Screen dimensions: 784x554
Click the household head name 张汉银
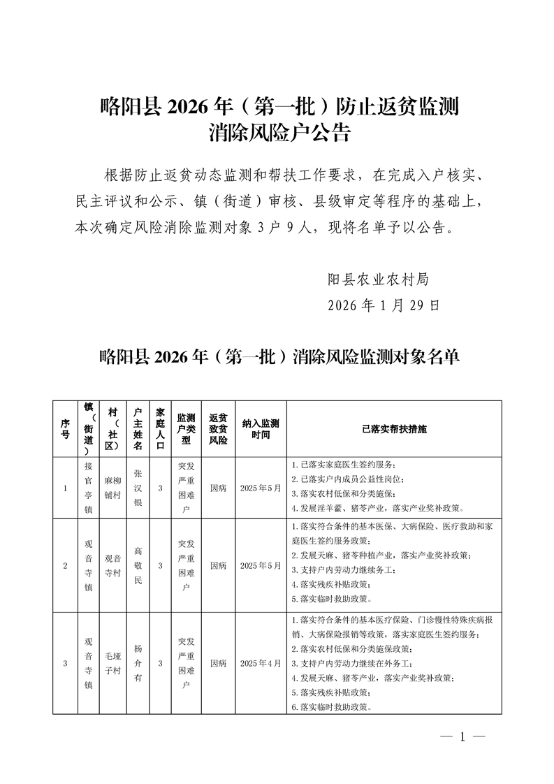click(138, 488)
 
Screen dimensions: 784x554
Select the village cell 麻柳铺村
click(113, 488)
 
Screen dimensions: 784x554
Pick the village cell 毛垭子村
click(113, 663)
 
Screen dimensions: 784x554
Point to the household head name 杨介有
click(138, 663)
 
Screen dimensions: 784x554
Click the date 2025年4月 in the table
click(260, 663)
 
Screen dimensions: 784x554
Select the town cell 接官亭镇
click(88, 488)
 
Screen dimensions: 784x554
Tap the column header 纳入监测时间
click(260, 428)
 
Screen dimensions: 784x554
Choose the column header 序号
click(65, 428)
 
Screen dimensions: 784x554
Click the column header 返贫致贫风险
click(218, 428)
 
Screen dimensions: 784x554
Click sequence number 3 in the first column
click(65, 663)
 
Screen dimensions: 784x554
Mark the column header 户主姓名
click(138, 428)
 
